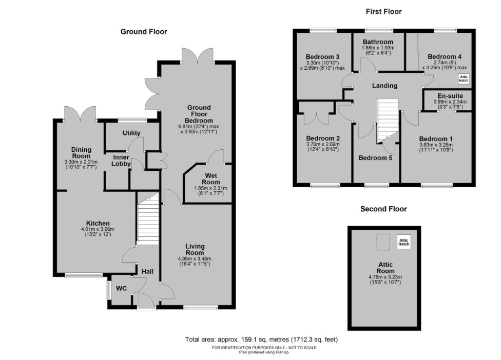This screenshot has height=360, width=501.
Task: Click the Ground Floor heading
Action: coord(144,32)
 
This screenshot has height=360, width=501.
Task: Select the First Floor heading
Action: coord(383,11)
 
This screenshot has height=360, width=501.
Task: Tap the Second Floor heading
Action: coord(383,209)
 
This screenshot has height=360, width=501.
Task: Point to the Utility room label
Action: coord(131,133)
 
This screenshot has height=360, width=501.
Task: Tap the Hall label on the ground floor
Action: coord(148,271)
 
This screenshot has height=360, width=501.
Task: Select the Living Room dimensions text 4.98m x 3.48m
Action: coord(195,258)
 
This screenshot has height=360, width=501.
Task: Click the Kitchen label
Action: coord(98,223)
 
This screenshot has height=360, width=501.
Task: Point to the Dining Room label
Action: coord(81,153)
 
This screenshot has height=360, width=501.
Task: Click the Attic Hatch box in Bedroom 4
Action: coord(464,78)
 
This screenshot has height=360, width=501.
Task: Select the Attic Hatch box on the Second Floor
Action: coord(404,242)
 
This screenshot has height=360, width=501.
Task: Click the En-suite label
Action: coord(450,96)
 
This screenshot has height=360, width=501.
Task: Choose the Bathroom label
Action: coord(377,42)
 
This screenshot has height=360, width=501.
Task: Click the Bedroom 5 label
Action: coord(375,158)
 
